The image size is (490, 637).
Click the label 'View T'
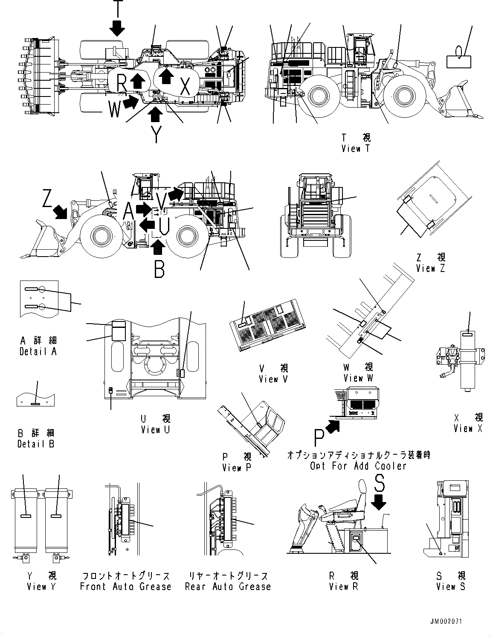[356, 148]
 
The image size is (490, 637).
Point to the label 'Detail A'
[38, 351]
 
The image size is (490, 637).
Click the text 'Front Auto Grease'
[125, 586]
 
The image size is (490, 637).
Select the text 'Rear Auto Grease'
[228, 586]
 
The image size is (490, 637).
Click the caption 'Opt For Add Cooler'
[358, 466]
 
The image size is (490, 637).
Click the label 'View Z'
[431, 269]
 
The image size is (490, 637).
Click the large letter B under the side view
[159, 269]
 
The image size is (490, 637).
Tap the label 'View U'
[155, 430]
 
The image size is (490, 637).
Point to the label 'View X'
[468, 428]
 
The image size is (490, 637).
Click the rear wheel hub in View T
[317, 96]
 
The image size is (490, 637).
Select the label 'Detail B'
[35, 444]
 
